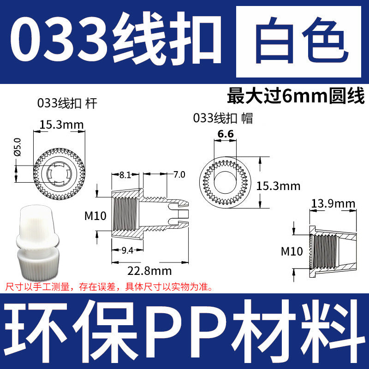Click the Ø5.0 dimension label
[x=17, y=146]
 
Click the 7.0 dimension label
[x=179, y=175]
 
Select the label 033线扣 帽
[x=223, y=118]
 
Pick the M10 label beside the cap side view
[x=292, y=251]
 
